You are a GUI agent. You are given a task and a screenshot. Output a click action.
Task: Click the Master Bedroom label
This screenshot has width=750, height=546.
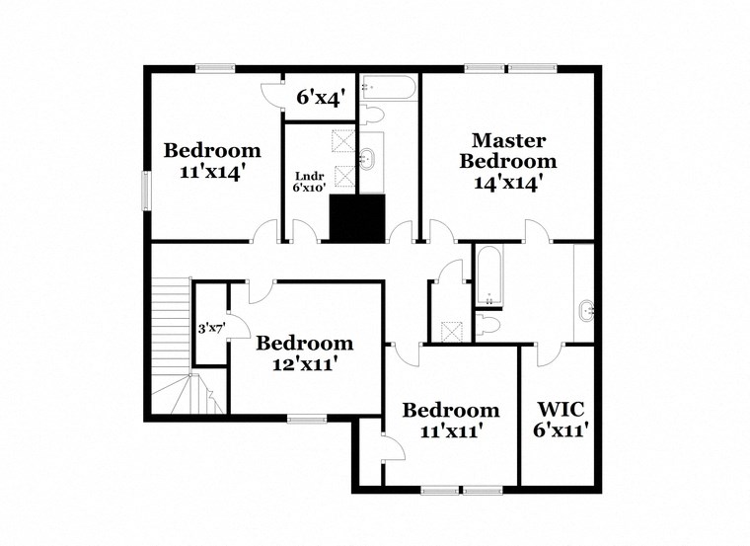tap(507, 151)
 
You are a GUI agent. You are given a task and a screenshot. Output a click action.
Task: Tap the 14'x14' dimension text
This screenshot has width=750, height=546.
tap(507, 183)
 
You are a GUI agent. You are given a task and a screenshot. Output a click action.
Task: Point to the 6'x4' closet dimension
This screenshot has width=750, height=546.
tap(320, 98)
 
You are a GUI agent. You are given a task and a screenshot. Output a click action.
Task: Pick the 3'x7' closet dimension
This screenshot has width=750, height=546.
tap(208, 328)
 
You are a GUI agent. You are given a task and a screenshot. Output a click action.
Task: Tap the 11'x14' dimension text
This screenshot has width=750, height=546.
tap(212, 171)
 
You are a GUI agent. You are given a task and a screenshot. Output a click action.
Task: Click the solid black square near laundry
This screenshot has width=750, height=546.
tap(356, 218)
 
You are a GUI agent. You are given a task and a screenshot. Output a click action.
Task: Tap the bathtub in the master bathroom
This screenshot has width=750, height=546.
tap(489, 276)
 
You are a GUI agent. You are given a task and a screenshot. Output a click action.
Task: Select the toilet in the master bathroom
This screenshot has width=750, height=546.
tap(491, 323)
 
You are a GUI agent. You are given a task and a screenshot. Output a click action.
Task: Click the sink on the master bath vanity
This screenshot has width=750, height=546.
tap(587, 312)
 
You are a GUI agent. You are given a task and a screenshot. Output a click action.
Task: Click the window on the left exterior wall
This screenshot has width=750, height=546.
tap(146, 191)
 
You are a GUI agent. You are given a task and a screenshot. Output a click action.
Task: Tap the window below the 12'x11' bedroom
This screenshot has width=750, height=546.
tap(306, 416)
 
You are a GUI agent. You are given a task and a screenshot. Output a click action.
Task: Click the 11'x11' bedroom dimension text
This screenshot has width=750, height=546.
tap(451, 430)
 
